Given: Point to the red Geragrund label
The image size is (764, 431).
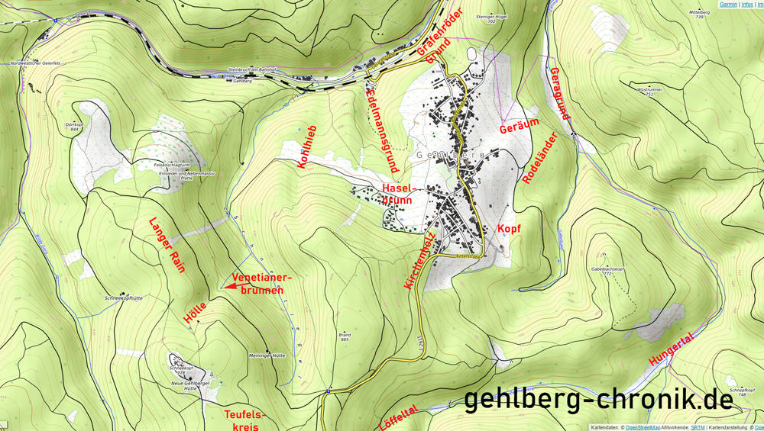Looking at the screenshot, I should click(559, 94).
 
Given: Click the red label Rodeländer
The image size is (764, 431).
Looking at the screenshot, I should click(539, 157).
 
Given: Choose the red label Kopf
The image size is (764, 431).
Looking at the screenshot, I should click(509, 229).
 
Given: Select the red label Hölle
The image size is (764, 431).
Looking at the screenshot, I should click(196, 311).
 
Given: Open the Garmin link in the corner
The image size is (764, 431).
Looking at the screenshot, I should click(728, 5).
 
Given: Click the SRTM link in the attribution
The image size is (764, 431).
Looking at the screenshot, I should click(698, 427).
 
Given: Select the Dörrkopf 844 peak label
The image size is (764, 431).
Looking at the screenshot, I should click(73, 127).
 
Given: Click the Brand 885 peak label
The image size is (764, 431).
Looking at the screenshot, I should click(345, 336).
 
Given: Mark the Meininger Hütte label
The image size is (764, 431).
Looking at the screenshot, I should click(267, 355).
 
